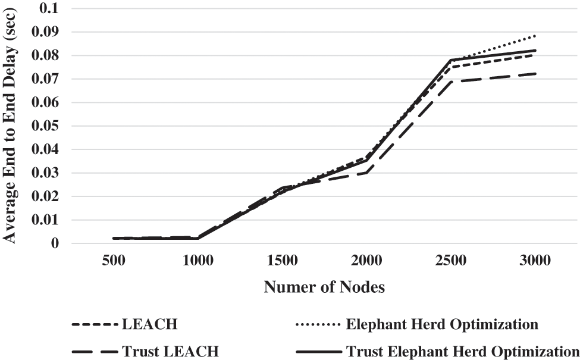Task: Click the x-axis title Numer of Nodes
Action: tap(325, 288)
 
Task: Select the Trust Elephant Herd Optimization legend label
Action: tap(462, 350)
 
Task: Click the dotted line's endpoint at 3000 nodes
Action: tap(535, 36)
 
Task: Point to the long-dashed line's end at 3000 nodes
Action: tap(535, 74)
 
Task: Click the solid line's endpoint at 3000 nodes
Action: tap(535, 50)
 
